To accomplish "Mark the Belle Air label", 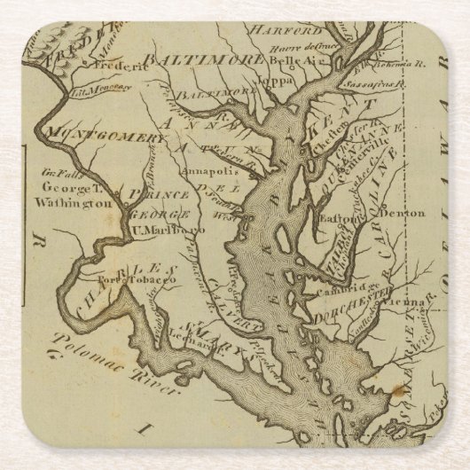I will tap(292, 61).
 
